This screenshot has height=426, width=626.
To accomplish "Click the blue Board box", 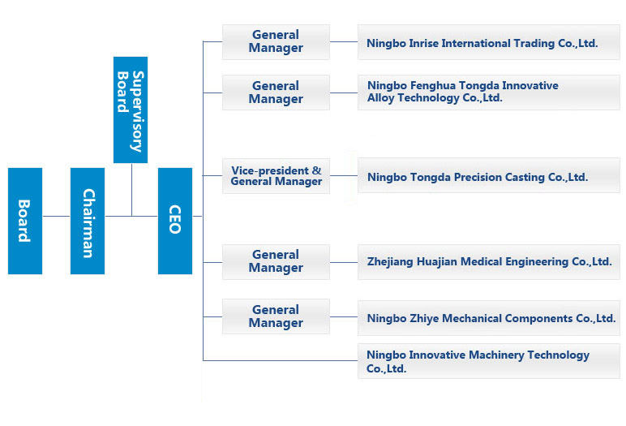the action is click(x=25, y=221).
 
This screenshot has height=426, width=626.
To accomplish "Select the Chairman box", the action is click(x=88, y=221).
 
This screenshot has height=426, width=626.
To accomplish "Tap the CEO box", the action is click(x=175, y=221).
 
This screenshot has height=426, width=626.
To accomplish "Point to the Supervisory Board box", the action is click(x=131, y=110).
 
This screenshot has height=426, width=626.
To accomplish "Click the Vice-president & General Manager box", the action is click(x=276, y=176).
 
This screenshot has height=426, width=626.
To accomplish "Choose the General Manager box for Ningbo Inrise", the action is click(x=276, y=42).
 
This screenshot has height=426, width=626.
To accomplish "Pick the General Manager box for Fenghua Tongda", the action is click(x=276, y=93).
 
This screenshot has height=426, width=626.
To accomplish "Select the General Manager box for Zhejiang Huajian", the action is click(x=276, y=262).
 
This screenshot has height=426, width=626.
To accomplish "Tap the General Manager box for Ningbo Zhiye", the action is click(x=276, y=316).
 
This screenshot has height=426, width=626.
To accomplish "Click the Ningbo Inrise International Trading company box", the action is click(x=489, y=42).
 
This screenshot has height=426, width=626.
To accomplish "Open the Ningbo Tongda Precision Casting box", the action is click(x=489, y=175).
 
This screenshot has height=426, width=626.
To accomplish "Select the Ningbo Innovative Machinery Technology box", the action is click(x=489, y=361).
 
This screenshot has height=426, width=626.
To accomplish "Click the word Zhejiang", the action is click(x=390, y=262).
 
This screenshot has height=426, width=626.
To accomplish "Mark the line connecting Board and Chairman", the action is click(x=56, y=216).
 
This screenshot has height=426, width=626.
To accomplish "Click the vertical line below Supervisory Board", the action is click(x=131, y=189).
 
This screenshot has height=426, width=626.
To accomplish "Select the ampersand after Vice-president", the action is click(x=316, y=170).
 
